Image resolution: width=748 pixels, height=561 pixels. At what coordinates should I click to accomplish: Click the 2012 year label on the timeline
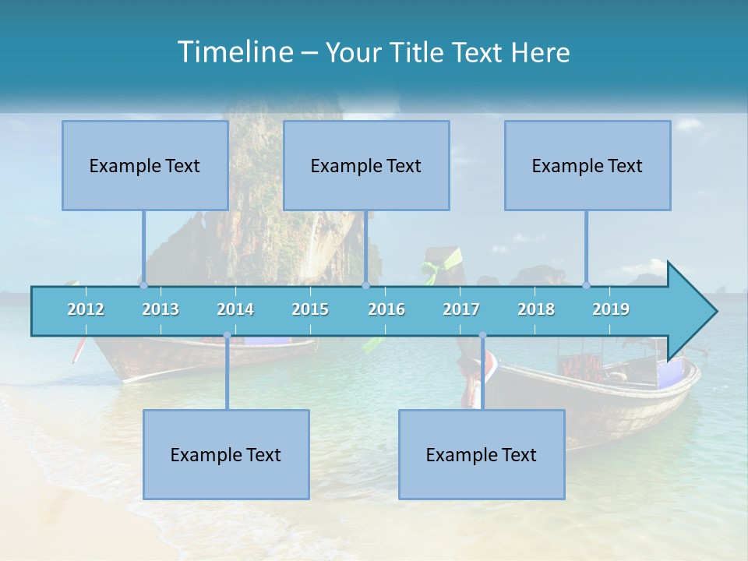point(86,309)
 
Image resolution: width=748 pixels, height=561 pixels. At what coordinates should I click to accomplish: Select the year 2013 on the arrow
point(161,309)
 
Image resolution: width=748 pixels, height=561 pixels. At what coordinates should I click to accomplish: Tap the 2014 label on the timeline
point(235,309)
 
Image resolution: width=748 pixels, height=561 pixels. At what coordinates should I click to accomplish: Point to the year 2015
point(310,309)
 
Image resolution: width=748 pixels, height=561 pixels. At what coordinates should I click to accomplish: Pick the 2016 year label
point(386,309)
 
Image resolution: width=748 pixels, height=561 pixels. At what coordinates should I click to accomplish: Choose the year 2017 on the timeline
point(461,309)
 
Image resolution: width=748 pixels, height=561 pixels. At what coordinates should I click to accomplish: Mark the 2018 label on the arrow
point(536,309)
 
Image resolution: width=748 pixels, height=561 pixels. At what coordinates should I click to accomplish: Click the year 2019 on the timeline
point(611,309)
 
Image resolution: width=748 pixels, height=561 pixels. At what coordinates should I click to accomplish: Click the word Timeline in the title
point(234,52)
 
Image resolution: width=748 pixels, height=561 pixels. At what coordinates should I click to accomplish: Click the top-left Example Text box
point(145,165)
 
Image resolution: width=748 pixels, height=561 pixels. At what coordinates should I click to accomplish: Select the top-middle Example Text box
point(366,165)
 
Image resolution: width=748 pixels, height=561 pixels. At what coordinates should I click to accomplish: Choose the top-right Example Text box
point(587,165)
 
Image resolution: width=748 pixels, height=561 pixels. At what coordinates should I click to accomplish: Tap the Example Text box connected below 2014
point(226,454)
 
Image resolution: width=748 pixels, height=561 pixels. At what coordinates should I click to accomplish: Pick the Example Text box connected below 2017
point(482,454)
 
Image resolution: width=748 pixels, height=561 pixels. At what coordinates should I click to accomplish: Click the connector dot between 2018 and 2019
point(586,285)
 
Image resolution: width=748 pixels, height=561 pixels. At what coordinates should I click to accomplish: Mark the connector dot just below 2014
point(227,335)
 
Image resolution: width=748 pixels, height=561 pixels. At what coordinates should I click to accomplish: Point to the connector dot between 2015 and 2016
point(365,285)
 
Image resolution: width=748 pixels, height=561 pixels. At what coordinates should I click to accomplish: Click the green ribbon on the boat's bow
point(431,270)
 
